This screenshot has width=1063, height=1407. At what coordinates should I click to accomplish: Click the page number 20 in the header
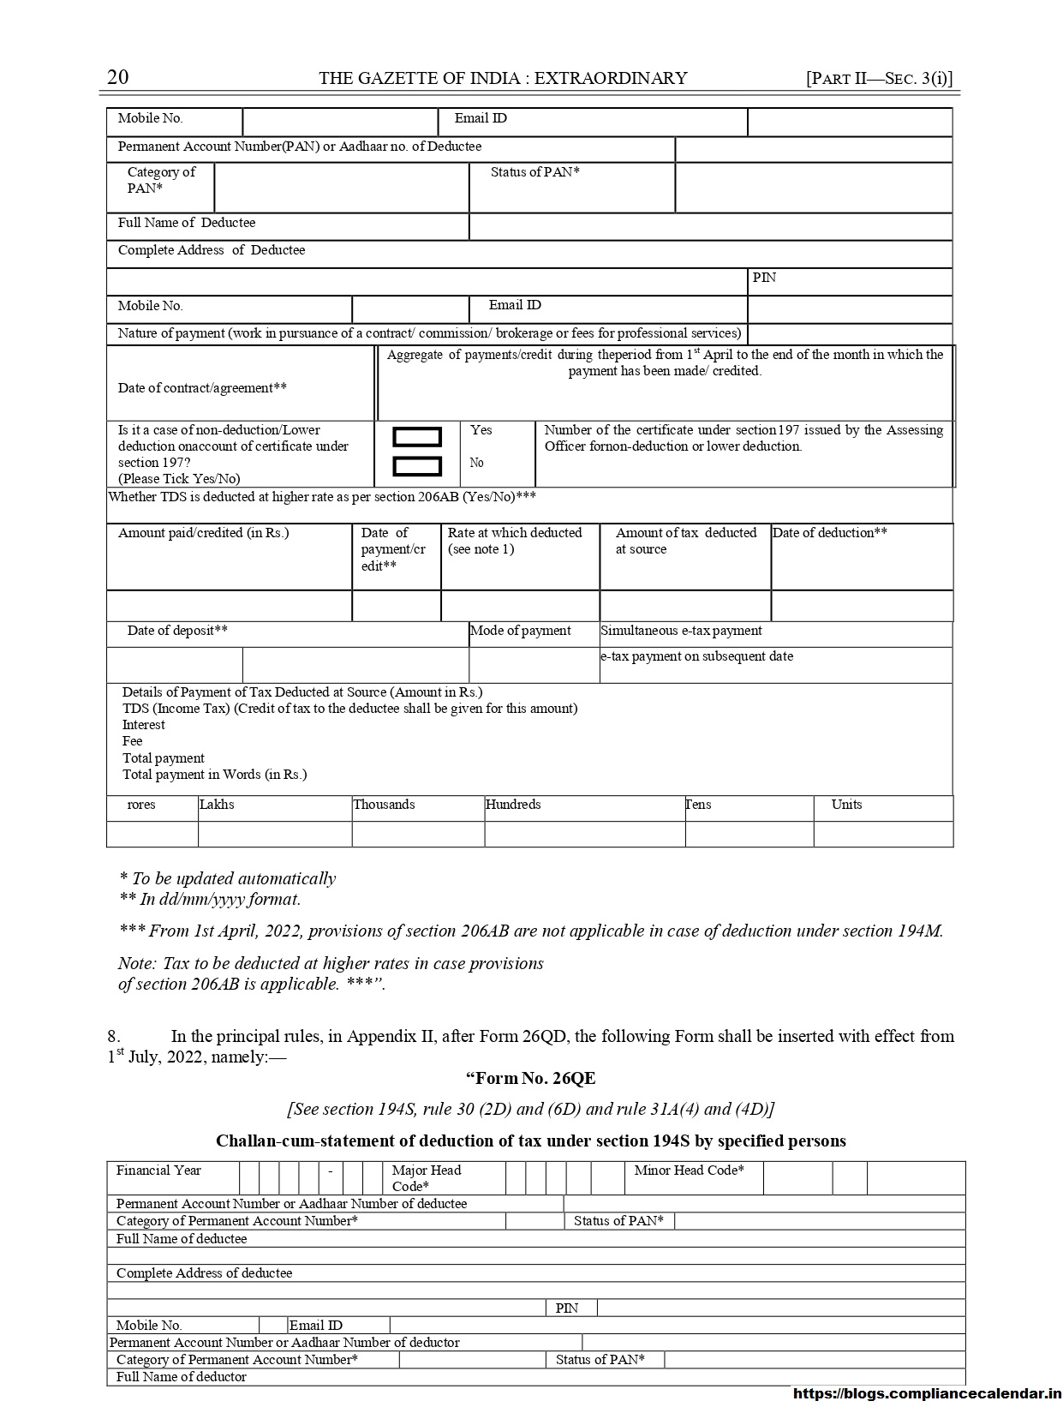point(118,77)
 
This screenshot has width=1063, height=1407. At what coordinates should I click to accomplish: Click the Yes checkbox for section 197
point(417,437)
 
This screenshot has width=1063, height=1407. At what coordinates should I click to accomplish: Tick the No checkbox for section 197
point(417,466)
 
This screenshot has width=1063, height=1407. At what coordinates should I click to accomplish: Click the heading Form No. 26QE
point(530,1078)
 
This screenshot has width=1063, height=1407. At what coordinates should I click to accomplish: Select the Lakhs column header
point(217,805)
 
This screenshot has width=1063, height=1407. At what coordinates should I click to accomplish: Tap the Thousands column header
point(384,805)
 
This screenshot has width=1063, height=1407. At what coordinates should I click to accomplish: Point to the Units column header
point(846,805)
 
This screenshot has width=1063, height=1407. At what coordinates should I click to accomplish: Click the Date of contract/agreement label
point(202,388)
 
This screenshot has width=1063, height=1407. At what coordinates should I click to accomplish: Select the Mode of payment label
point(521,631)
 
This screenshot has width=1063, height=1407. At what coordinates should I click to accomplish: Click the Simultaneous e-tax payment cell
point(681,631)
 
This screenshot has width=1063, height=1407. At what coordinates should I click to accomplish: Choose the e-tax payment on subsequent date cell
point(696,656)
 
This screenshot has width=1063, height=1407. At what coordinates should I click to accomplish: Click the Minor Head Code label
point(689,1171)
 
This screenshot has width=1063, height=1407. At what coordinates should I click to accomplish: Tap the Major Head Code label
point(426,1177)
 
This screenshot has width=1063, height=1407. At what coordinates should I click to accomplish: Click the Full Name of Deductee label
point(187,223)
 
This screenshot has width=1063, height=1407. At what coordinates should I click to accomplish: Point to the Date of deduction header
point(829,533)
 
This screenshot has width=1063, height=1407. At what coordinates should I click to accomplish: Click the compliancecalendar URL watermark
point(927,1394)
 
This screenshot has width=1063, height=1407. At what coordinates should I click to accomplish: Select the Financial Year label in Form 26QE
point(158,1171)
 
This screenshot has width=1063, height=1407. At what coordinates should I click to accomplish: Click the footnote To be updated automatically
point(228,878)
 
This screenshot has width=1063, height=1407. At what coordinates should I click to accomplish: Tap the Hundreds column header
point(512,805)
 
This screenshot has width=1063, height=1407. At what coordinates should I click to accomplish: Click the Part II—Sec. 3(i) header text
point(879,78)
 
